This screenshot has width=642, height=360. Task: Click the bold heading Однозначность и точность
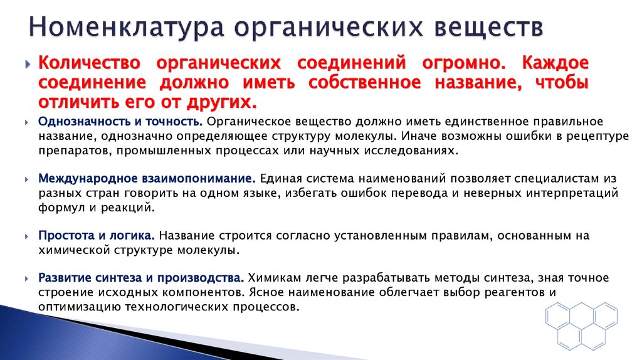coord(120,122)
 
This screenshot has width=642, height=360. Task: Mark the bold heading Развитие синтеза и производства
coord(141,277)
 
